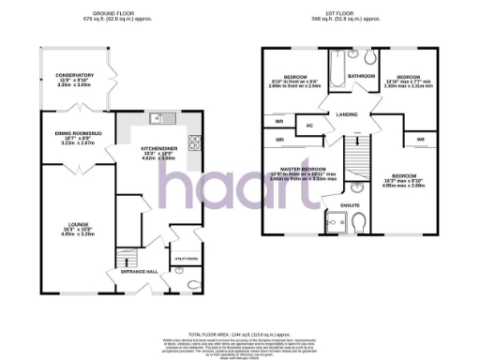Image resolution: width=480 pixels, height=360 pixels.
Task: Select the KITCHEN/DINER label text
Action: click(157, 149)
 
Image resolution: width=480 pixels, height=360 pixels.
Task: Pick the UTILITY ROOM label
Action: click(187, 257)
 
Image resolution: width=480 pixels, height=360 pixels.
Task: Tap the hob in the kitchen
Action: click(195, 142)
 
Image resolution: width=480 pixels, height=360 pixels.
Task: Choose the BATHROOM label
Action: click(361, 76)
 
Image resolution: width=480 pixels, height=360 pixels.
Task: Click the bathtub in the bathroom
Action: click(361, 92)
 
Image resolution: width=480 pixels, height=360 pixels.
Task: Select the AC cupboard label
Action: click(308, 125)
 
